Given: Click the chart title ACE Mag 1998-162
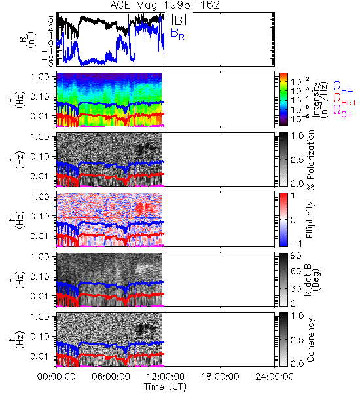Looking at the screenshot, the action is pyautogui.click(x=165, y=5).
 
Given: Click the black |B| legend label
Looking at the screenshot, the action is pyautogui.click(x=179, y=19).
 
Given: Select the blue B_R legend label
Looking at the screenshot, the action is pyautogui.click(x=177, y=34).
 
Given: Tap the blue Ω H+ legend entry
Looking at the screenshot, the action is pyautogui.click(x=343, y=88).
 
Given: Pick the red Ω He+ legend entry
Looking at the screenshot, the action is pyautogui.click(x=345, y=99).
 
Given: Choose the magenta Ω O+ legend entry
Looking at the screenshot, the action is pyautogui.click(x=343, y=111).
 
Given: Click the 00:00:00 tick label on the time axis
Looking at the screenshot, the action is pyautogui.click(x=56, y=377).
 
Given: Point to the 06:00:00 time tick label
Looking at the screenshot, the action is pyautogui.click(x=111, y=377).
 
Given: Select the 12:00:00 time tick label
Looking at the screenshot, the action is pyautogui.click(x=166, y=377).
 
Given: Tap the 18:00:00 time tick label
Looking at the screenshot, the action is pyautogui.click(x=220, y=377).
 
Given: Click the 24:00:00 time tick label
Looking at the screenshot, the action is pyautogui.click(x=274, y=377).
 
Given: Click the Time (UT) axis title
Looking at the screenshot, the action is pyautogui.click(x=165, y=386).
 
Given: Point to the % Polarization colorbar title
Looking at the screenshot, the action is pyautogui.click(x=310, y=160).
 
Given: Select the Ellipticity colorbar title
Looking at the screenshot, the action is pyautogui.click(x=310, y=219).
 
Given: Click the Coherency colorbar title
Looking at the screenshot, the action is pyautogui.click(x=310, y=340).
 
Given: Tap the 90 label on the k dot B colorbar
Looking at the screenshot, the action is pyautogui.click(x=296, y=255).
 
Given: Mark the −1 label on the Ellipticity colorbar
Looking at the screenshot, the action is pyautogui.click(x=296, y=244).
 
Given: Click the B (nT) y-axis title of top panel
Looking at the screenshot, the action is pyautogui.click(x=27, y=39).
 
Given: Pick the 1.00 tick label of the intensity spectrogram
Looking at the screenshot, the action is pyautogui.click(x=40, y=76).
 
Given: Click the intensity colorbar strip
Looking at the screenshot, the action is pyautogui.click(x=283, y=100).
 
